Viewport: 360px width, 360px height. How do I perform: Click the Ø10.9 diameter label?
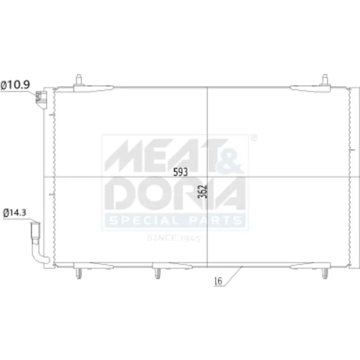coord(15,85)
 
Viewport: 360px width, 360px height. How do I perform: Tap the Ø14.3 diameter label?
coord(14,212)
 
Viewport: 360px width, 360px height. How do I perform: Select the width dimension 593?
coord(181,172)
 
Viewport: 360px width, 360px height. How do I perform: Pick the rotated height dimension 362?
coord(203,192)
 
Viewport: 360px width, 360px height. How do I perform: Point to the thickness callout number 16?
coord(218,281)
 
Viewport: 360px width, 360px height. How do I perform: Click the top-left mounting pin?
coord(79,80)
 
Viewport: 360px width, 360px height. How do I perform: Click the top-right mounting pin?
coord(325,80)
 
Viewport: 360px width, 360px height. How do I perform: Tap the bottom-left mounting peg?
coord(78,274)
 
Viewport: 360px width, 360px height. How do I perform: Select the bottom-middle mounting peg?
coord(158,274)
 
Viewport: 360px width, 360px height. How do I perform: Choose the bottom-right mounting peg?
coord(325,274)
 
